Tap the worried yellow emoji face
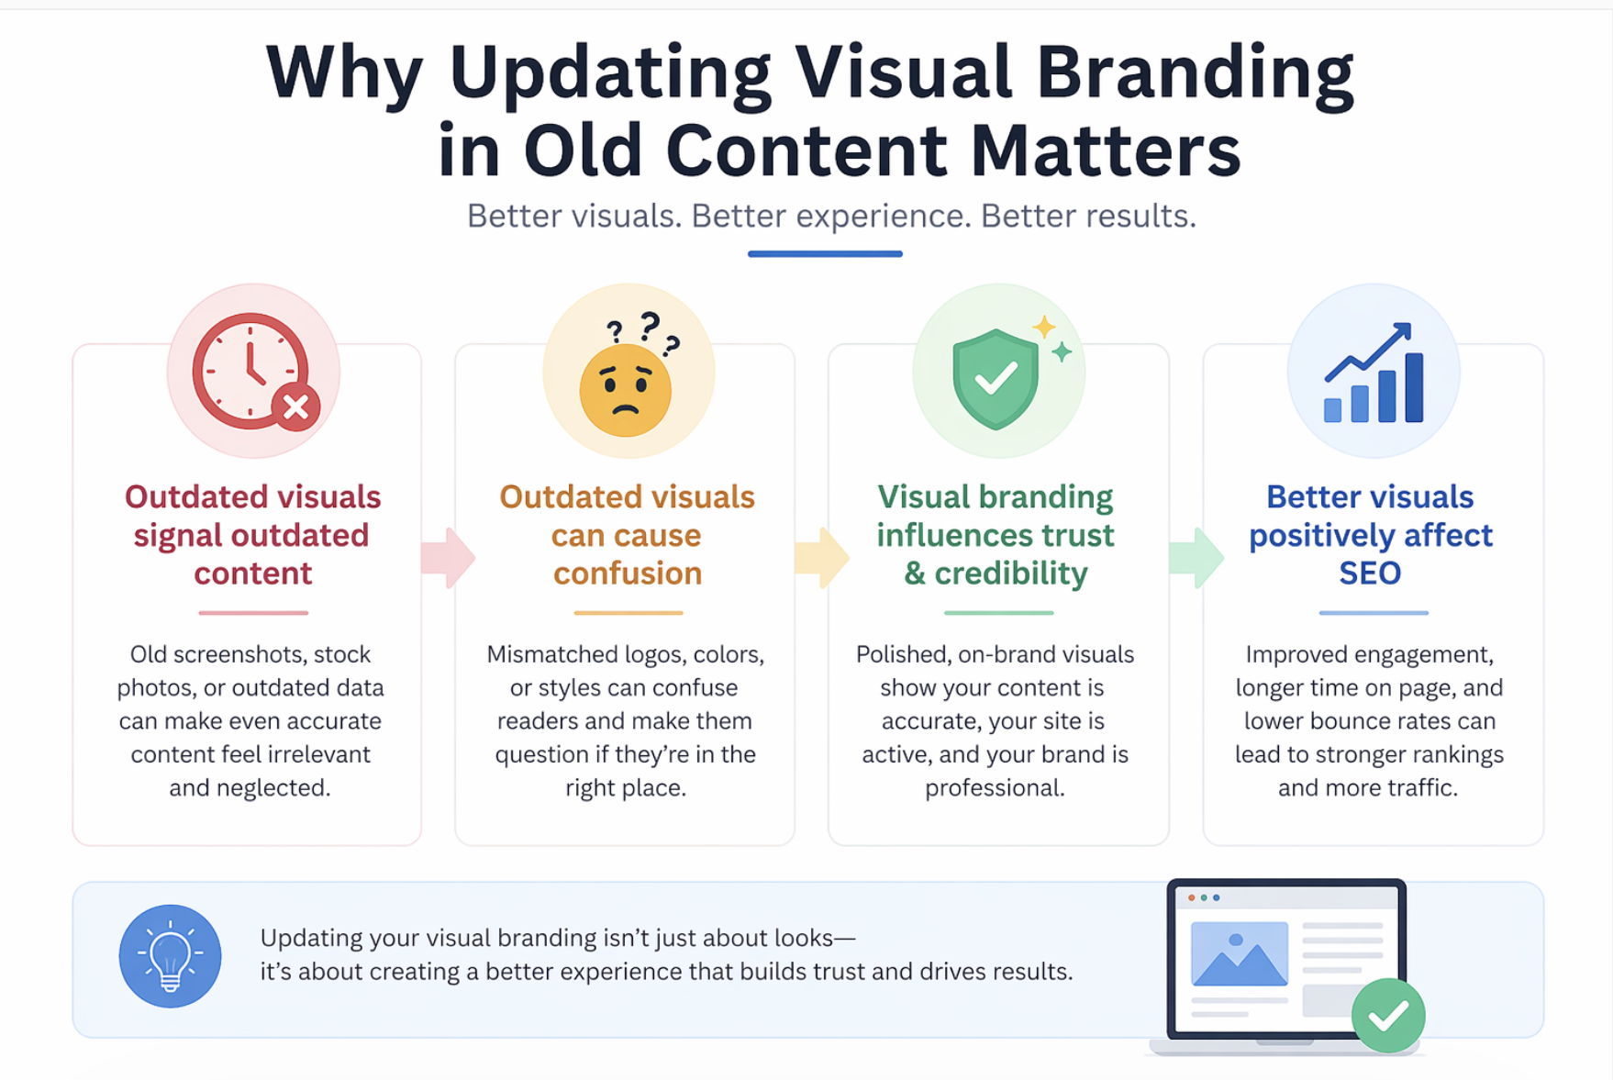[x=626, y=390]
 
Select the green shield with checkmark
[x=996, y=378]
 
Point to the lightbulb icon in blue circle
[x=170, y=956]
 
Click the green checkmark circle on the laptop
[x=1387, y=1015]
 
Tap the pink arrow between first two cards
[x=448, y=557]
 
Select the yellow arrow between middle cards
[x=821, y=557]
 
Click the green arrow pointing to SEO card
[x=1196, y=557]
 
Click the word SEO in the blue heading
[x=1370, y=573]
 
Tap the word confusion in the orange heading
[x=628, y=573]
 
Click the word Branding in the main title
[x=1194, y=73]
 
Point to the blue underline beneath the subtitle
[x=825, y=254]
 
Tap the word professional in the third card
[x=994, y=788]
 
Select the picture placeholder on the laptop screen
[x=1239, y=953]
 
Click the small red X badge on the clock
[x=295, y=407]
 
